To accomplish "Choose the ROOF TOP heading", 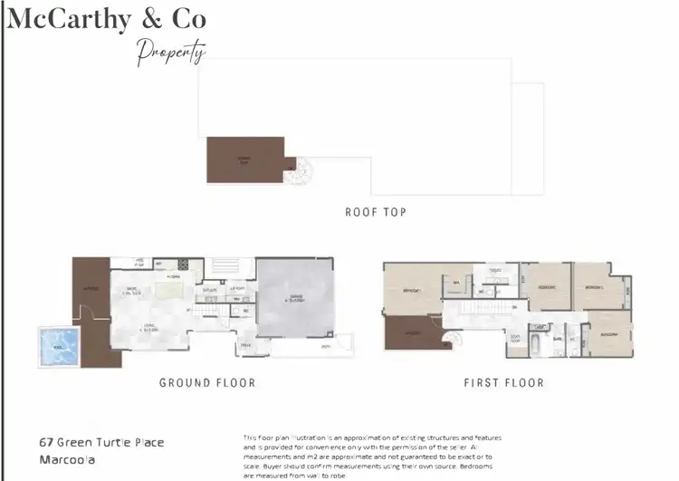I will (375, 212).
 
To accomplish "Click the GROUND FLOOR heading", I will (207, 382).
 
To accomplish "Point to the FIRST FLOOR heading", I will (503, 382).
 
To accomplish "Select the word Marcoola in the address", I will (69, 460).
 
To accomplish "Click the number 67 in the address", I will (45, 443).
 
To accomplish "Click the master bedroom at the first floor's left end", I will (410, 291).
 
